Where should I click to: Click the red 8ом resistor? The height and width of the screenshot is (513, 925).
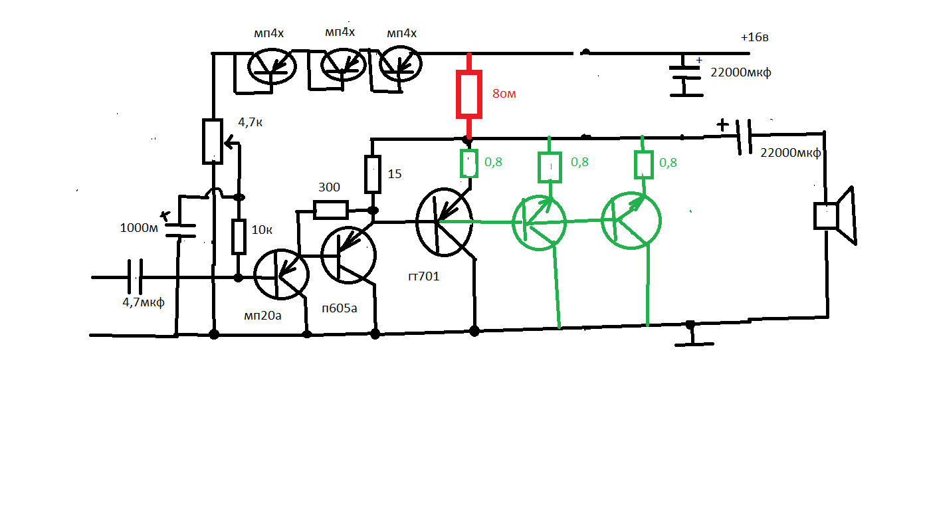468,94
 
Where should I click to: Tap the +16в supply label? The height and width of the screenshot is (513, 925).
754,37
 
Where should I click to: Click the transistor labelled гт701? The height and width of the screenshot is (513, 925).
444,222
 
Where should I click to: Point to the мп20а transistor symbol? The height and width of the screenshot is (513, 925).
281,274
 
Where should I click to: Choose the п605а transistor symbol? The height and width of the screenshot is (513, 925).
348,255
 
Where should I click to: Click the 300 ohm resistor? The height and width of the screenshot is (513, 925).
330,209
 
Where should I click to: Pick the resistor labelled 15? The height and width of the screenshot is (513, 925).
373,174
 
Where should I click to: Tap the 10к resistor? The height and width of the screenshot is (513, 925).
239,237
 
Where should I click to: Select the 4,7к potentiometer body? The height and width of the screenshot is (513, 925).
213,142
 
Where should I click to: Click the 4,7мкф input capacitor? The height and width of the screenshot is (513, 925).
135,276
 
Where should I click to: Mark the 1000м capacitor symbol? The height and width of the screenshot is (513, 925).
181,231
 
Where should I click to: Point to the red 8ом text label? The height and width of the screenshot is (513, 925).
504,94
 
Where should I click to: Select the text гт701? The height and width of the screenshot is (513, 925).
424,276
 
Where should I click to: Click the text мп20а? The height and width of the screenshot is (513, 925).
262,316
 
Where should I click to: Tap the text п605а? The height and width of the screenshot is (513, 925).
340,308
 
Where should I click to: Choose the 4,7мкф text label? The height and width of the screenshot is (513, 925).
144,302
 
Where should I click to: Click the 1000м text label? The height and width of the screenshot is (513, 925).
139,228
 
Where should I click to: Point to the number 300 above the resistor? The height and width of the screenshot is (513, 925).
329,187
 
